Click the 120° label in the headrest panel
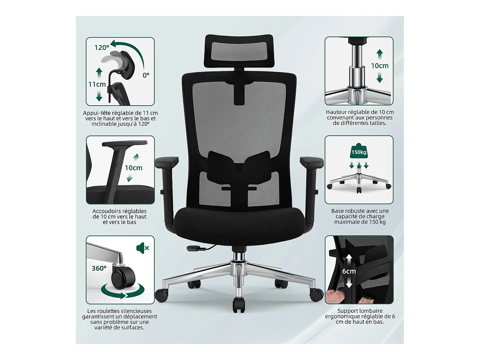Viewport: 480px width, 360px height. [102, 48]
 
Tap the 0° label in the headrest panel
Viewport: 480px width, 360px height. [146, 76]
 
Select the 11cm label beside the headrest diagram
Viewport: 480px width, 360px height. [97, 84]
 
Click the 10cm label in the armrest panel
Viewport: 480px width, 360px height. [133, 168]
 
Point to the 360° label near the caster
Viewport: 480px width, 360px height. [99, 268]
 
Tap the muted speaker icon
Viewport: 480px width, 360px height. [142, 248]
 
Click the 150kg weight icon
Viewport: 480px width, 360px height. [359, 152]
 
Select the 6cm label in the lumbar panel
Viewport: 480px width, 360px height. [349, 271]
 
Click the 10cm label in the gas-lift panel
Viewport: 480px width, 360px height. [380, 66]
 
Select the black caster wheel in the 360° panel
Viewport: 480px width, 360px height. [123, 278]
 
